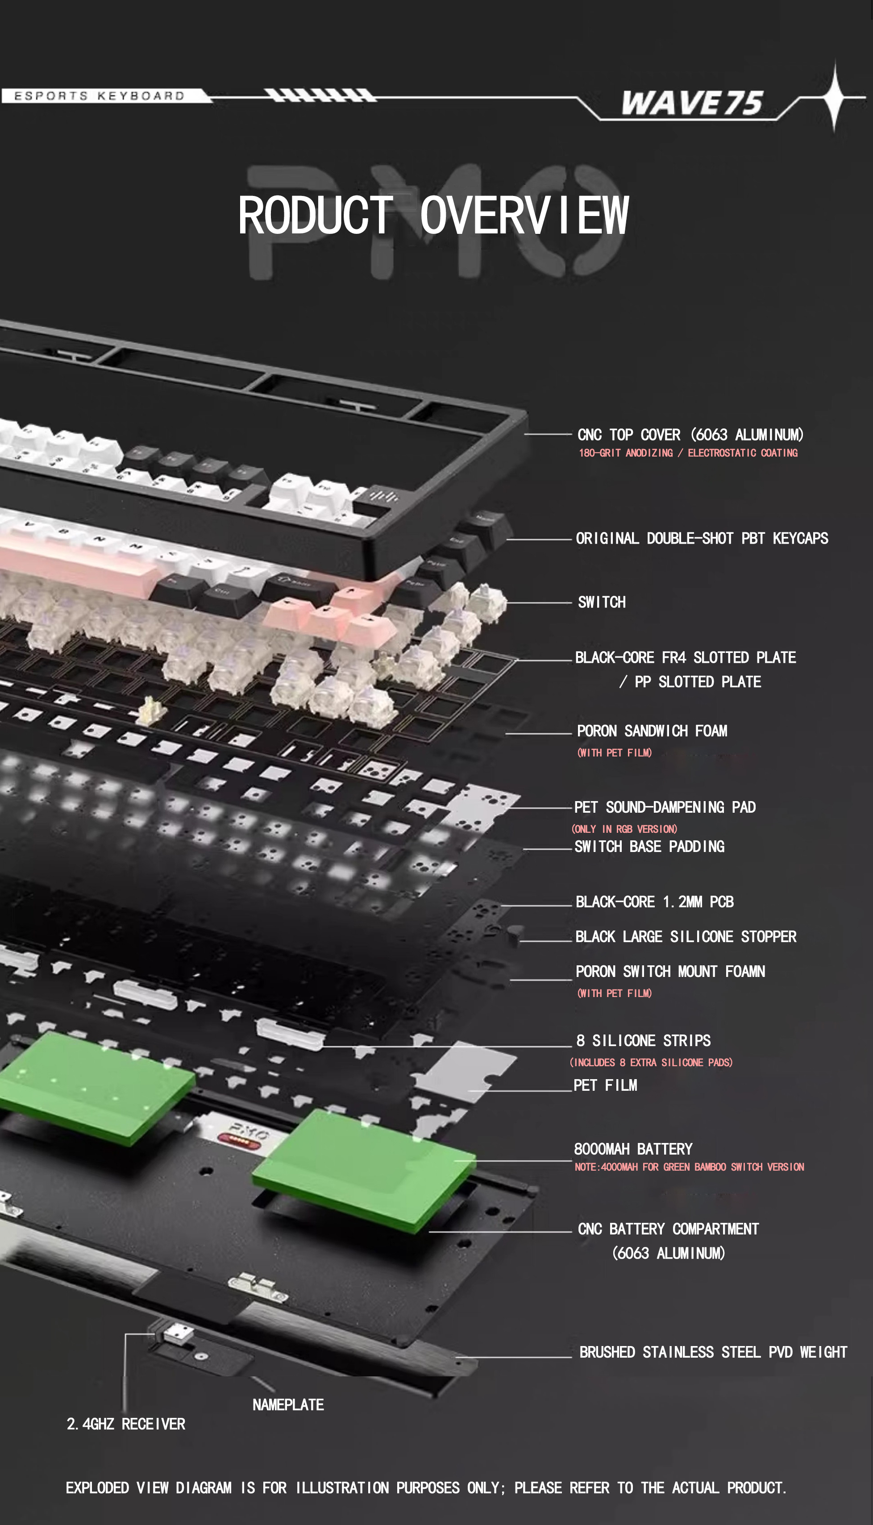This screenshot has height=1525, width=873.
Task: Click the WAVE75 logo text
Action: click(691, 103)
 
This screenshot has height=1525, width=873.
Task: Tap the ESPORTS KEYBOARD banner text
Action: click(99, 96)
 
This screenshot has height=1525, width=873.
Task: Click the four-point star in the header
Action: click(834, 96)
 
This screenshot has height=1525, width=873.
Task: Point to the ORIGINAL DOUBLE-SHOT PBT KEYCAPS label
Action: click(702, 538)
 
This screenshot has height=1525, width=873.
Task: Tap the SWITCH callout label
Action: click(601, 602)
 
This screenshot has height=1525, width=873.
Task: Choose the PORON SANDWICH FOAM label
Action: click(652, 731)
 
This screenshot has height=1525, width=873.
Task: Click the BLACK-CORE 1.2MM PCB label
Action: click(654, 902)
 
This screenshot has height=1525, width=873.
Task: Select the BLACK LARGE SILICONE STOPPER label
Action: click(686, 936)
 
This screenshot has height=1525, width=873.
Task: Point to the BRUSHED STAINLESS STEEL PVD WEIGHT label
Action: click(713, 1352)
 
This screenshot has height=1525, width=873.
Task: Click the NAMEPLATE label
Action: click(288, 1404)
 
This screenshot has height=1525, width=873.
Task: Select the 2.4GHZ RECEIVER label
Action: click(126, 1424)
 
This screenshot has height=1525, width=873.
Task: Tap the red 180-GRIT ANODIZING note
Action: click(688, 453)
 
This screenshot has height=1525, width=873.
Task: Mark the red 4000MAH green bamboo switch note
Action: click(689, 1167)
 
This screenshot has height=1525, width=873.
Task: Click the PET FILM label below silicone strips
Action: click(605, 1085)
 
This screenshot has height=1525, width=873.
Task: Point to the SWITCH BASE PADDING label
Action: click(649, 847)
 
